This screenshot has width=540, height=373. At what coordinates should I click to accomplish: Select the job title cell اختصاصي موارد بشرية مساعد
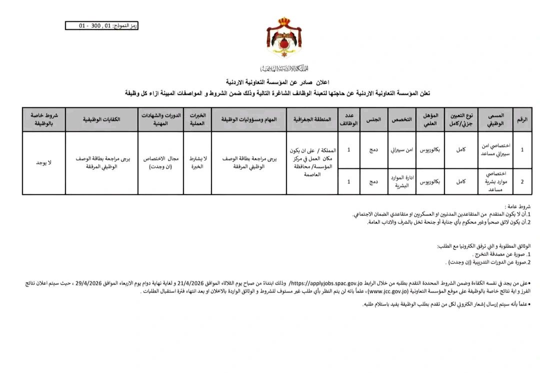tap(496, 181)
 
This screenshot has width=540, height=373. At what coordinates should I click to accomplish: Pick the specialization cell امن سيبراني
tap(401, 149)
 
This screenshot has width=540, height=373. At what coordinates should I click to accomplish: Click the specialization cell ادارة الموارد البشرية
tap(401, 181)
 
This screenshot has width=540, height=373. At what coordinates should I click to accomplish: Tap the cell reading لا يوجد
tap(44, 163)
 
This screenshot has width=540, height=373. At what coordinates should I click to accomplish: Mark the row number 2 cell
tap(523, 181)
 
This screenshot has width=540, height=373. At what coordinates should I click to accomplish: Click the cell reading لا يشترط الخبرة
tap(197, 162)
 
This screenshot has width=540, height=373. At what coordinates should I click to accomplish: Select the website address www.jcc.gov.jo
tap(343, 291)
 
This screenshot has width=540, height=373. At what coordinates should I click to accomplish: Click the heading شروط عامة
tap(520, 206)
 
